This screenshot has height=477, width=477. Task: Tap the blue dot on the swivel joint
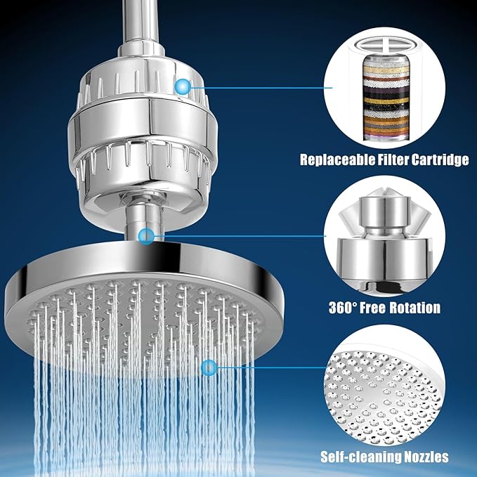[146, 235]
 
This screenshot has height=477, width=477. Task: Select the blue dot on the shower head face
[208, 366]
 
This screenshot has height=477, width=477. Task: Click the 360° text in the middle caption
[344, 308]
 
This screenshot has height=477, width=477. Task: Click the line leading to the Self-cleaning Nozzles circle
[267, 366]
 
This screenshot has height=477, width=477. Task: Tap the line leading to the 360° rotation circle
[239, 235]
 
